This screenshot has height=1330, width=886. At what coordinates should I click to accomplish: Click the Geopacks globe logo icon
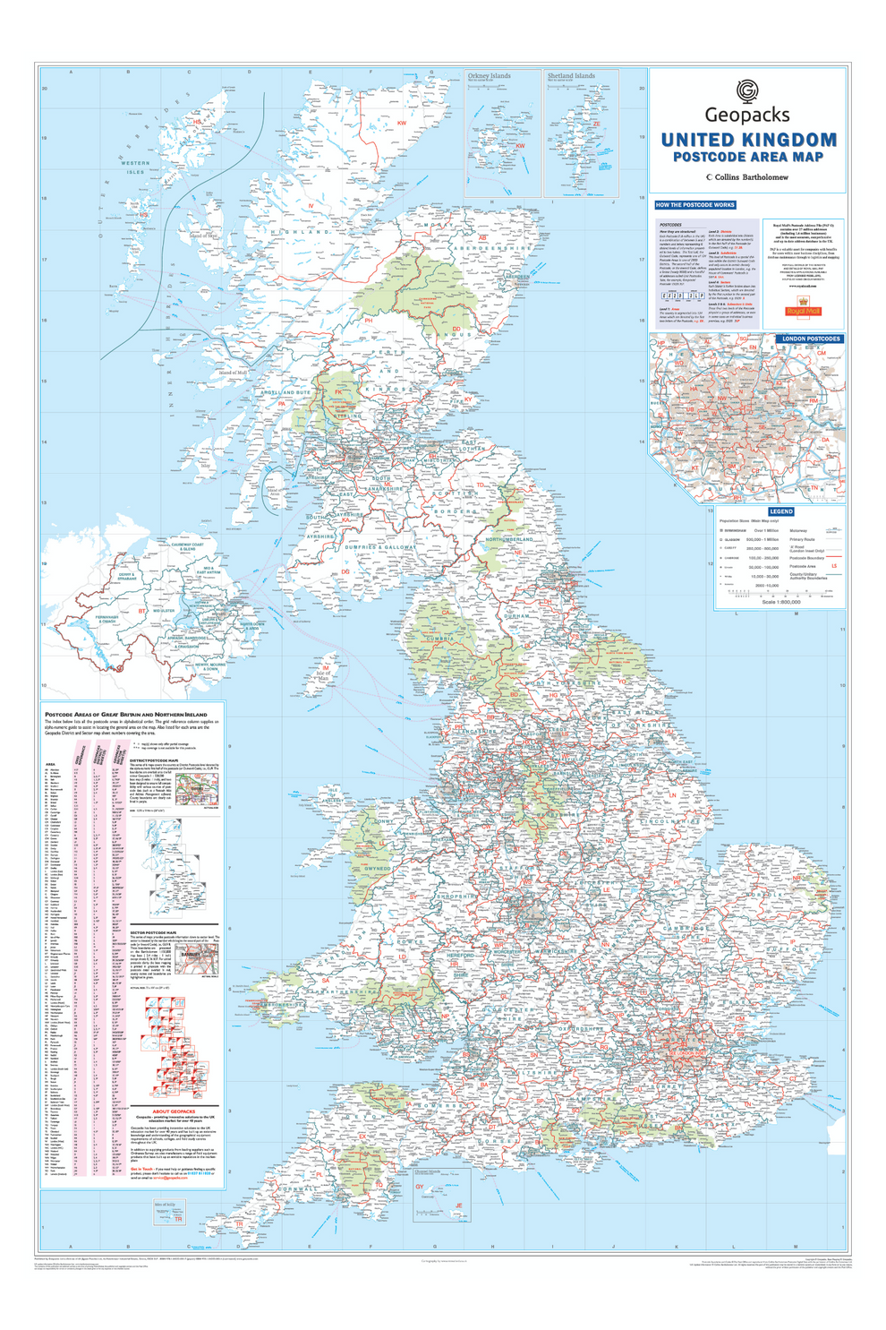(746, 90)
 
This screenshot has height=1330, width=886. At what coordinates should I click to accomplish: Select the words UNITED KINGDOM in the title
(748, 140)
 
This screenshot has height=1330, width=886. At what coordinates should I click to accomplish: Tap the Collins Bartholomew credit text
(748, 177)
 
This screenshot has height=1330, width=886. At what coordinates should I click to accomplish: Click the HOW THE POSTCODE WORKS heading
(694, 205)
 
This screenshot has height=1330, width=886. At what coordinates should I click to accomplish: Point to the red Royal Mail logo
(803, 309)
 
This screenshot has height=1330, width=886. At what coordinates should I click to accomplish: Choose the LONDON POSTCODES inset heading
(811, 339)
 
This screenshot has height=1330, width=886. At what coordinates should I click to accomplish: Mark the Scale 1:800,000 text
(781, 601)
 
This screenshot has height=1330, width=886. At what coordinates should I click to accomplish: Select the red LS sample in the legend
(834, 566)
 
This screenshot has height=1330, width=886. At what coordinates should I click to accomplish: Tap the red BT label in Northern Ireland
(141, 612)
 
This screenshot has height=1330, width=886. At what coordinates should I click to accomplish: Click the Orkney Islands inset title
(490, 76)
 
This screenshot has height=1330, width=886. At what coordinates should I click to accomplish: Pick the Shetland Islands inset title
(571, 76)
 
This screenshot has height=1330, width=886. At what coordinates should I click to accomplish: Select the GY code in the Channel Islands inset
(419, 1187)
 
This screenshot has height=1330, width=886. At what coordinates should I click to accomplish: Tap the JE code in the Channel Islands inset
(459, 1206)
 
